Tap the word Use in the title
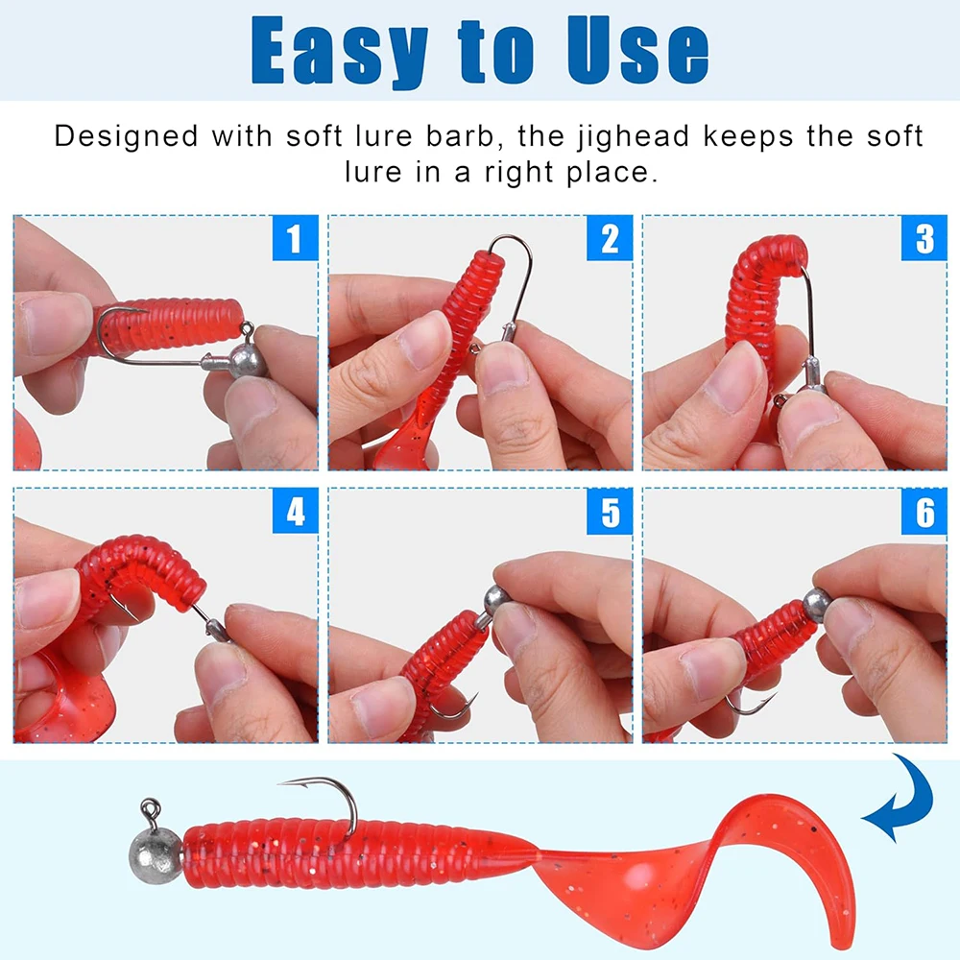pyautogui.click(x=637, y=49)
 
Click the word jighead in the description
pyautogui.click(x=634, y=137)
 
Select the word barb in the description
pyautogui.click(x=460, y=136)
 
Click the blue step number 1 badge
pyautogui.click(x=295, y=238)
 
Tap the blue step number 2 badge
pyautogui.click(x=610, y=238)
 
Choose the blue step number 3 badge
pyautogui.click(x=924, y=238)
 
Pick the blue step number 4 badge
pyautogui.click(x=295, y=512)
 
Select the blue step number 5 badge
pyautogui.click(x=610, y=512)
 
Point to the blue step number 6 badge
pyautogui.click(x=924, y=512)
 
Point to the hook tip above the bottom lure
pyautogui.click(x=279, y=782)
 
